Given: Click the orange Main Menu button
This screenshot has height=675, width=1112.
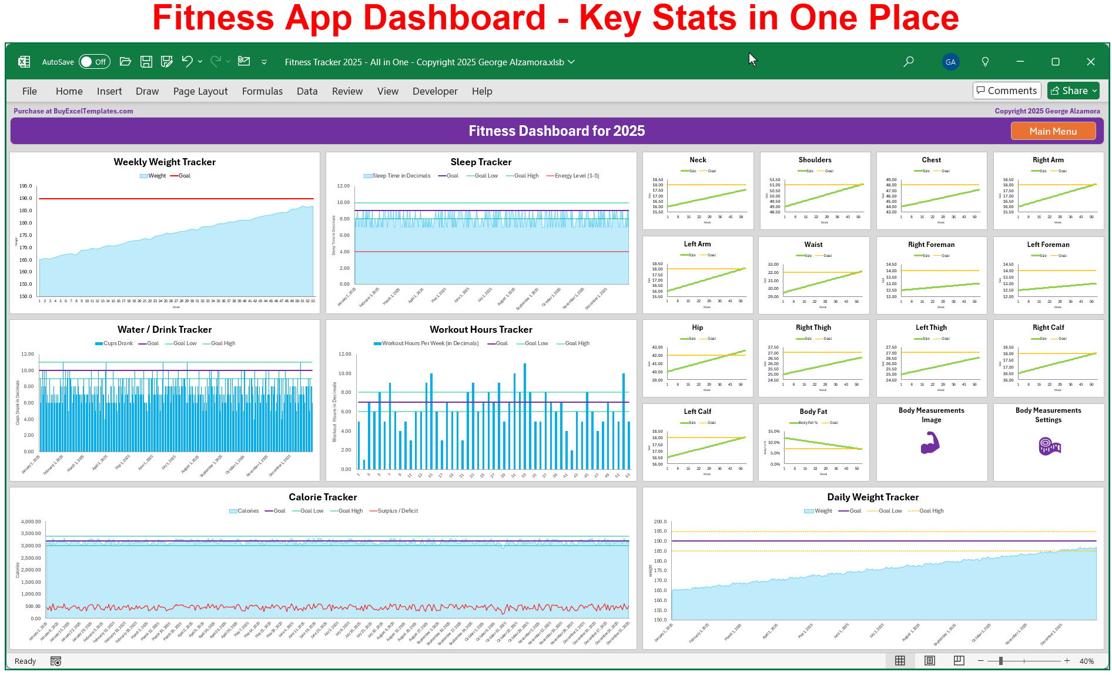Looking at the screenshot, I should (1053, 131).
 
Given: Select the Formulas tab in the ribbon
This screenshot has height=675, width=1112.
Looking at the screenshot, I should (262, 91).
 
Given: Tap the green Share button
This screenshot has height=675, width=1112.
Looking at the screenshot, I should (1073, 91).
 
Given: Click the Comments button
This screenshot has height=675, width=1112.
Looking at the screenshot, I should (1007, 91).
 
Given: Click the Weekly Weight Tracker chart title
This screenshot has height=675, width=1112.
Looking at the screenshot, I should (165, 162).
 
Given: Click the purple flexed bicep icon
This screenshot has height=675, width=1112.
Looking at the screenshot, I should (930, 443).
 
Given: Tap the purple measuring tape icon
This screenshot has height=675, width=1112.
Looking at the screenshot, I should (1049, 446).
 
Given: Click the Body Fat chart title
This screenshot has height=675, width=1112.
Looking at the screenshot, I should (813, 412).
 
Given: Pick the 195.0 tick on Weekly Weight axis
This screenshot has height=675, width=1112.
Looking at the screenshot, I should (26, 186).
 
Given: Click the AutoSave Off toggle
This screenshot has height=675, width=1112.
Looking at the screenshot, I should (94, 62).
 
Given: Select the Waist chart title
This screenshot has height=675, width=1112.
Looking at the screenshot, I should (813, 245).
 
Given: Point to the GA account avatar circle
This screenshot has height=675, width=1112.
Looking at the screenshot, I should (950, 62).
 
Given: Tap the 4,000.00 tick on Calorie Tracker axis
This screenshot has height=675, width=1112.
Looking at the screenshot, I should (31, 522).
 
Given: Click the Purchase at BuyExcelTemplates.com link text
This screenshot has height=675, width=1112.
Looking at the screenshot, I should (73, 111).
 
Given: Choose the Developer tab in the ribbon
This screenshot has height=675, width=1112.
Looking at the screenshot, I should (434, 91).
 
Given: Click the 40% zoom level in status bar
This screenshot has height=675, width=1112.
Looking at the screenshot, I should (1086, 661).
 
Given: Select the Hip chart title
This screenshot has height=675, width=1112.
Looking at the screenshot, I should (697, 328).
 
